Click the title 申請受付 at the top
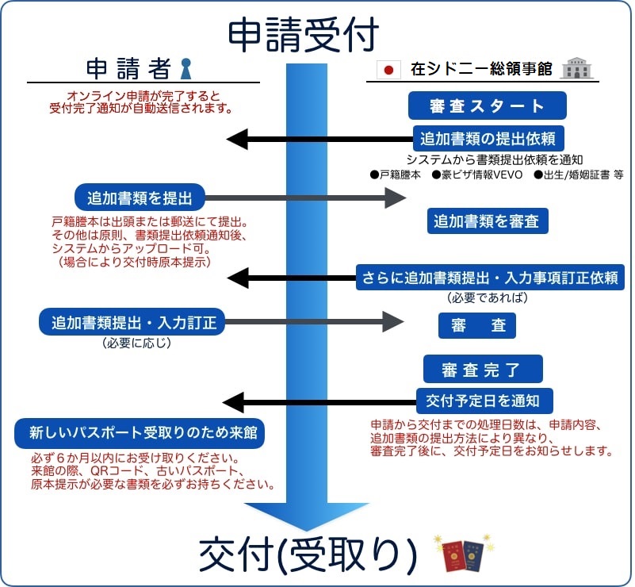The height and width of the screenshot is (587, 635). [x=304, y=35]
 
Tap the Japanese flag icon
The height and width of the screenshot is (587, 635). [x=388, y=70]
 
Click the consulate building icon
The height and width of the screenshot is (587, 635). [x=578, y=69]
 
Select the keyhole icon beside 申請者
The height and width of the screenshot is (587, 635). [x=186, y=69]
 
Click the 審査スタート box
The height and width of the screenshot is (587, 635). [x=487, y=106]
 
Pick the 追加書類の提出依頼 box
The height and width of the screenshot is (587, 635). [x=487, y=138]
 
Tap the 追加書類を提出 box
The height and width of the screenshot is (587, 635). [x=140, y=196]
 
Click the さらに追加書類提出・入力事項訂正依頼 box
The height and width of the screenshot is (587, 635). [x=490, y=278]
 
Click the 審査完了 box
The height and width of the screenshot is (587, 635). [x=482, y=369]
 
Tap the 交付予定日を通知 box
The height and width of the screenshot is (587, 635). [x=483, y=400]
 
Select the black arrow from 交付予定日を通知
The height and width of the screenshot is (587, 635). [x=317, y=401]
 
